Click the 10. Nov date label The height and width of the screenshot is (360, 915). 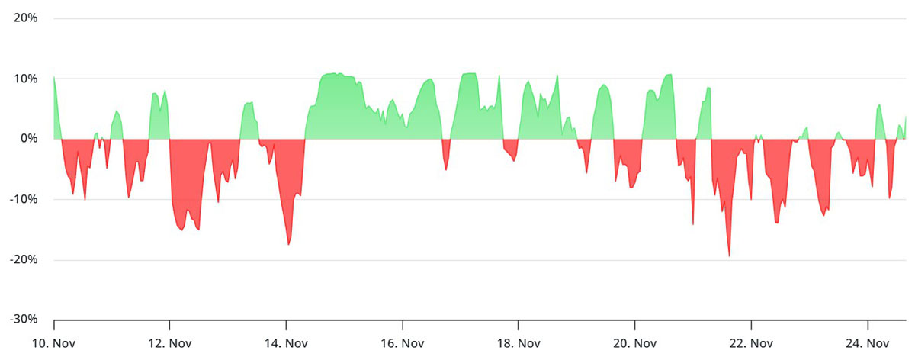click(x=54, y=343)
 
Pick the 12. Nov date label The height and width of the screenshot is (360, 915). click(x=170, y=343)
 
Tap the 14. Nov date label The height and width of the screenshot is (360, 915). click(x=286, y=343)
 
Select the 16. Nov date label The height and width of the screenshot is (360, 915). click(x=403, y=343)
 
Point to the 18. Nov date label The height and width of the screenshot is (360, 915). click(x=518, y=343)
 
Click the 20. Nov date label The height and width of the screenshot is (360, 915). click(x=635, y=343)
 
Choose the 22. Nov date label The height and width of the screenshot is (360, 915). click(x=751, y=343)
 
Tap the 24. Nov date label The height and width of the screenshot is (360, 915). click(x=868, y=343)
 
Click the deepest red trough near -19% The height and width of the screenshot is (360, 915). click(x=729, y=255)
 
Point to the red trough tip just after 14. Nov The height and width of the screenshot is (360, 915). click(x=288, y=243)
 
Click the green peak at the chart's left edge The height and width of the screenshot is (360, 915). click(x=54, y=78)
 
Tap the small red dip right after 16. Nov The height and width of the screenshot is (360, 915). click(x=446, y=168)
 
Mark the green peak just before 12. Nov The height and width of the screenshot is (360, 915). click(x=165, y=92)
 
